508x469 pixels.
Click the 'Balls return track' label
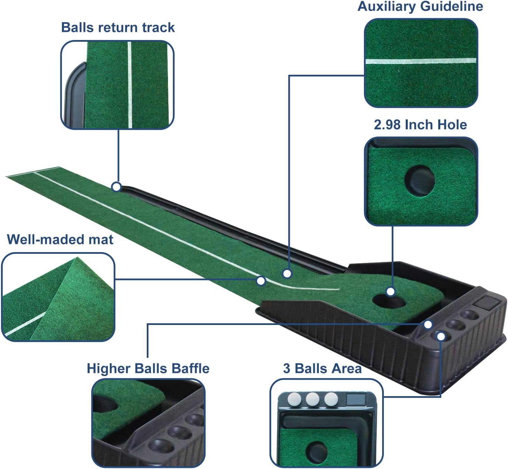point(118,27)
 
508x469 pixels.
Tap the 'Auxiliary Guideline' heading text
point(420,6)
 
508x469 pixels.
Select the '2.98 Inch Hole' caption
point(420,125)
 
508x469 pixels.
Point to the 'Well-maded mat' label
point(60,239)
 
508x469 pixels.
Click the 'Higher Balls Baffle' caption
point(148,369)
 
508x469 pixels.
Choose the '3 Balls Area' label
point(322,368)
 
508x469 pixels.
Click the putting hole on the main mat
point(389,301)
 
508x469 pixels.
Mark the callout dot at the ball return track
point(116,187)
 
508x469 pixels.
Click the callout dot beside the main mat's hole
point(390,291)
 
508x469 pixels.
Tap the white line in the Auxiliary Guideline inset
point(421,61)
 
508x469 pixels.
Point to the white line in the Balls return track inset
point(130,85)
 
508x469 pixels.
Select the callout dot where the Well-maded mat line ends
point(261,281)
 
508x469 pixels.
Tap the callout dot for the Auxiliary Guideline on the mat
point(287,274)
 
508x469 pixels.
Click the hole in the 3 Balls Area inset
point(317,453)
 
